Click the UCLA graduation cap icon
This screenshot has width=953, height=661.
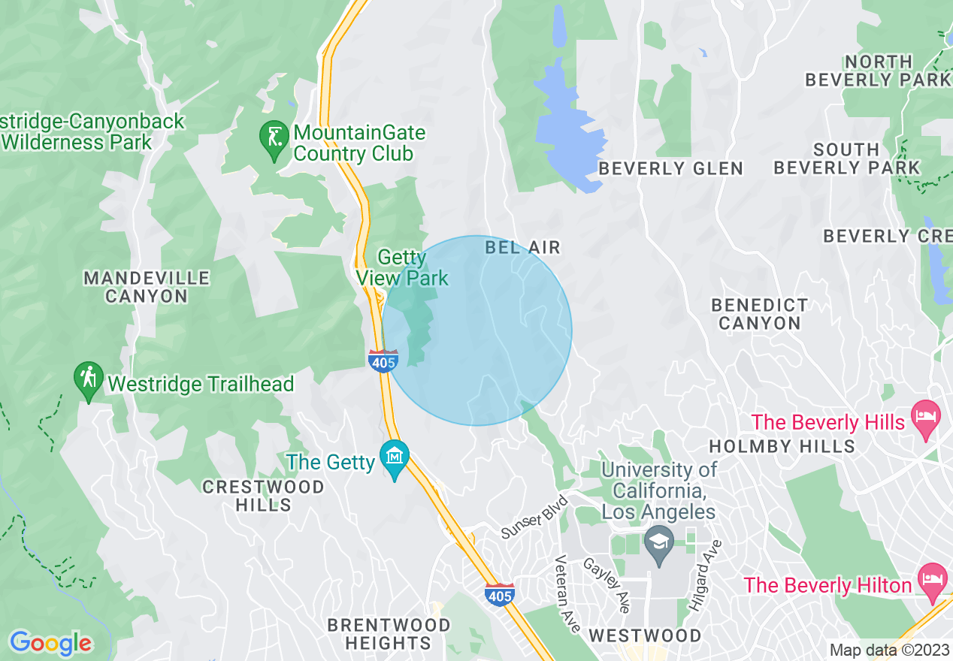pos(659,544)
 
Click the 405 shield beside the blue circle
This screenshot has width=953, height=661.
pos(383,360)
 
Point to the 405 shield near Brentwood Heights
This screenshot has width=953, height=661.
pos(500,593)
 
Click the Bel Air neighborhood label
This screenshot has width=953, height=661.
pos(522,247)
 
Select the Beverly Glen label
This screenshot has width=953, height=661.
pos(670,169)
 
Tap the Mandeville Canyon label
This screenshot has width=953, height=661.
pos(146,287)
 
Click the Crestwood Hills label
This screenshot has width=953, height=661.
pos(263,496)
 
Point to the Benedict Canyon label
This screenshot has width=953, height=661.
pos(760,314)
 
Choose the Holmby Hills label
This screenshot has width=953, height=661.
pos(782,446)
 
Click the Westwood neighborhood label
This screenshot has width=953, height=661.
pos(645,635)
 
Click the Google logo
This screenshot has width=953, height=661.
pos(50,643)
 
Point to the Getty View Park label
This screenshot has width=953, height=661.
pos(402,268)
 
